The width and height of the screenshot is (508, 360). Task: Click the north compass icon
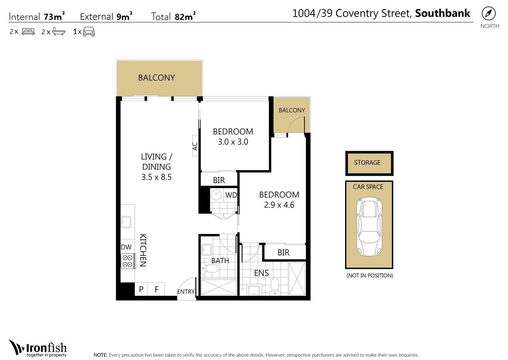489,13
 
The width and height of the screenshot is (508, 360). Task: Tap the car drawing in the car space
369,227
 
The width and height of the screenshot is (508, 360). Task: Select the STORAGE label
367,163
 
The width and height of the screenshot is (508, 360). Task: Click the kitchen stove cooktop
128,261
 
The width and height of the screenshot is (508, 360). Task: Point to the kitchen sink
126,222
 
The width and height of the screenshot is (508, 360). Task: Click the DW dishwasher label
126,247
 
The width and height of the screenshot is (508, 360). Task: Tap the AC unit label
195,146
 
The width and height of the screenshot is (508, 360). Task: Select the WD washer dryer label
231,195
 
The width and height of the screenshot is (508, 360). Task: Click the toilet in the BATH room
210,269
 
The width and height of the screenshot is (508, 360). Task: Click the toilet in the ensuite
275,286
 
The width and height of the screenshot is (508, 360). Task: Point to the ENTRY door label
186,292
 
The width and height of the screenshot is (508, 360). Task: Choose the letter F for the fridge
156,289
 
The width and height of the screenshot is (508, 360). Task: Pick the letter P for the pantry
141,289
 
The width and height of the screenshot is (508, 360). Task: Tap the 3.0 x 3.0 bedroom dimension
233,142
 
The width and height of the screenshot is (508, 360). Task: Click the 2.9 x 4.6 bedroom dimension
279,205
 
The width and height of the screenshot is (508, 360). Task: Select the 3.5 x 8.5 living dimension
156,177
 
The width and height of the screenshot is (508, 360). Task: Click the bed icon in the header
28,31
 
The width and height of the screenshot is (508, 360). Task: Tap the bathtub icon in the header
59,32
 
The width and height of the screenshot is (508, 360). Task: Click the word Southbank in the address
442,13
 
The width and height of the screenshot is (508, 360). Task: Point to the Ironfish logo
38,348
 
